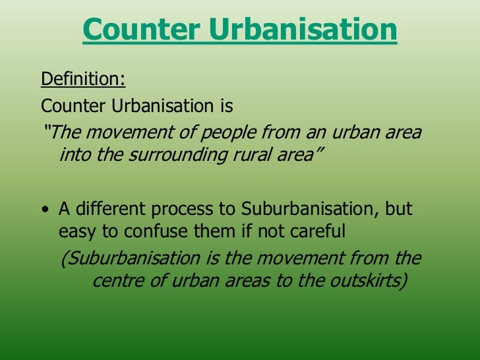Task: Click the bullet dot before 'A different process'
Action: coord(44,211)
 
